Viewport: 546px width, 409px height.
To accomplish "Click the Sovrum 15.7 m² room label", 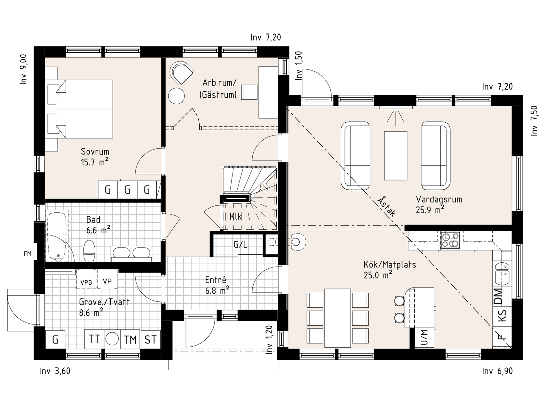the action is pyautogui.click(x=95, y=157).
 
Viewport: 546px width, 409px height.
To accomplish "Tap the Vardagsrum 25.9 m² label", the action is pyautogui.click(x=439, y=204).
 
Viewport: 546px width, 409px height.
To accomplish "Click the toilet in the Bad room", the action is pyautogui.click(x=89, y=251).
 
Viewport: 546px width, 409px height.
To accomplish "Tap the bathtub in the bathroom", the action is pyautogui.click(x=58, y=235).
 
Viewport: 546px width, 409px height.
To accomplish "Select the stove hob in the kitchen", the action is pyautogui.click(x=450, y=240).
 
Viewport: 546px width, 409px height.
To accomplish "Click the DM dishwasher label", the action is pyautogui.click(x=498, y=296).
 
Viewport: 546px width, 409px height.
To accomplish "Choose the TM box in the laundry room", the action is pyautogui.click(x=131, y=339).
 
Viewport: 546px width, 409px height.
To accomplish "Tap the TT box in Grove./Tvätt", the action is pyautogui.click(x=94, y=339).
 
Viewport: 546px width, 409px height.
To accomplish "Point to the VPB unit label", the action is pyautogui.click(x=86, y=282).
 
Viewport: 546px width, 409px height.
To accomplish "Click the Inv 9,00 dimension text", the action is pyautogui.click(x=24, y=69).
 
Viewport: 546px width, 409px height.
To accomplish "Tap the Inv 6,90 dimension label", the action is pyautogui.click(x=497, y=371).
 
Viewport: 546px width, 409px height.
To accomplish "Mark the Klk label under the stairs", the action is pyautogui.click(x=236, y=216).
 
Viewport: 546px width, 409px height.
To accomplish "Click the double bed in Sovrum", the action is pyautogui.click(x=80, y=109).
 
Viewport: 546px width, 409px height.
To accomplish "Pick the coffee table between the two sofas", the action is pyautogui.click(x=396, y=156).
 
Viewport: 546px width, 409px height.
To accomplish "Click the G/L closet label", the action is pyautogui.click(x=240, y=245).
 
